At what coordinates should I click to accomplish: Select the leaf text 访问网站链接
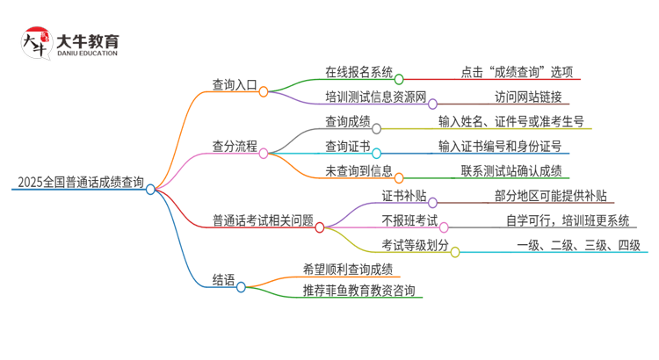coord(528,97)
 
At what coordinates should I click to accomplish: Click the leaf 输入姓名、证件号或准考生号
coord(511,121)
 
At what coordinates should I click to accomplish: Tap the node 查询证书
coord(347,146)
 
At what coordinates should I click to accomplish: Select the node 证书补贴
coord(403,195)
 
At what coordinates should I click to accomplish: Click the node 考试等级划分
coord(415,245)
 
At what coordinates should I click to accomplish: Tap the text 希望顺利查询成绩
coord(347,269)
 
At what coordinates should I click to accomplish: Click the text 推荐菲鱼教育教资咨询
coord(358,291)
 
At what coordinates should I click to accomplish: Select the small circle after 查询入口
coord(263,90)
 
